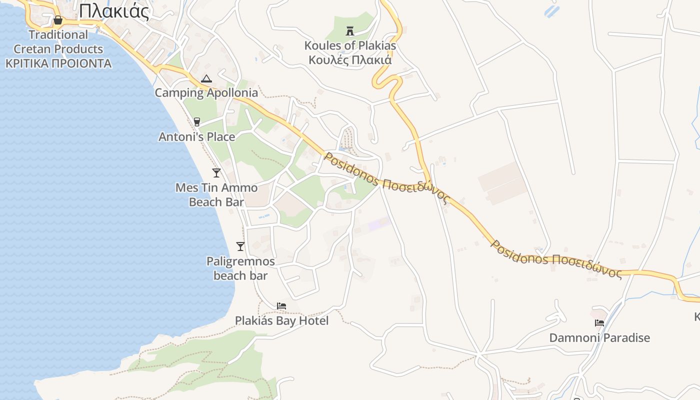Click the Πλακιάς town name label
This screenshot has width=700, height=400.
tap(113, 10)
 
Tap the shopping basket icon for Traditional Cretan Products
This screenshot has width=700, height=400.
tap(58, 20)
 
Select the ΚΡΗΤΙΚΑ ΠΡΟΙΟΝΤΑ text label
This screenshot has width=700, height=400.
tap(58, 63)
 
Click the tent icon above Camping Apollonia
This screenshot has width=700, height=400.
tap(206, 78)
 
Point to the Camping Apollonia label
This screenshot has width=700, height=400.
tap(206, 92)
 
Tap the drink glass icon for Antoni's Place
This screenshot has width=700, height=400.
tap(197, 122)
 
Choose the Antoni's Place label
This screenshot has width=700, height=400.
tap(196, 136)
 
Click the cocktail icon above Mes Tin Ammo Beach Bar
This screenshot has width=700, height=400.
tap(216, 173)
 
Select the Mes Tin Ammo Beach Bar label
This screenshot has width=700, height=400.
tap(216, 195)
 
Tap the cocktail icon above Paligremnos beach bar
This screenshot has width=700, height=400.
tap(240, 246)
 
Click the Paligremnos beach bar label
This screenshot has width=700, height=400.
tap(240, 268)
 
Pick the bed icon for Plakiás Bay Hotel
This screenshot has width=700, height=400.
tap(281, 306)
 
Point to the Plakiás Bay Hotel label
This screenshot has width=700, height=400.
tap(282, 320)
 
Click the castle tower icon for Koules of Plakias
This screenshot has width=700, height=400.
tap(350, 31)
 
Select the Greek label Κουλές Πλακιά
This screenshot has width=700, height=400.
tap(350, 60)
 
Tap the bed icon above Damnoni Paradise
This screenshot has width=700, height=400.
tap(599, 323)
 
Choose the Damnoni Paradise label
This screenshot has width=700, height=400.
tap(599, 337)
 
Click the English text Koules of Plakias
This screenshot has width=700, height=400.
tap(350, 45)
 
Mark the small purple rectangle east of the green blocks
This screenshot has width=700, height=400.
tap(379, 223)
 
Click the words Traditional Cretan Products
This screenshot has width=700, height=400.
tap(58, 42)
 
